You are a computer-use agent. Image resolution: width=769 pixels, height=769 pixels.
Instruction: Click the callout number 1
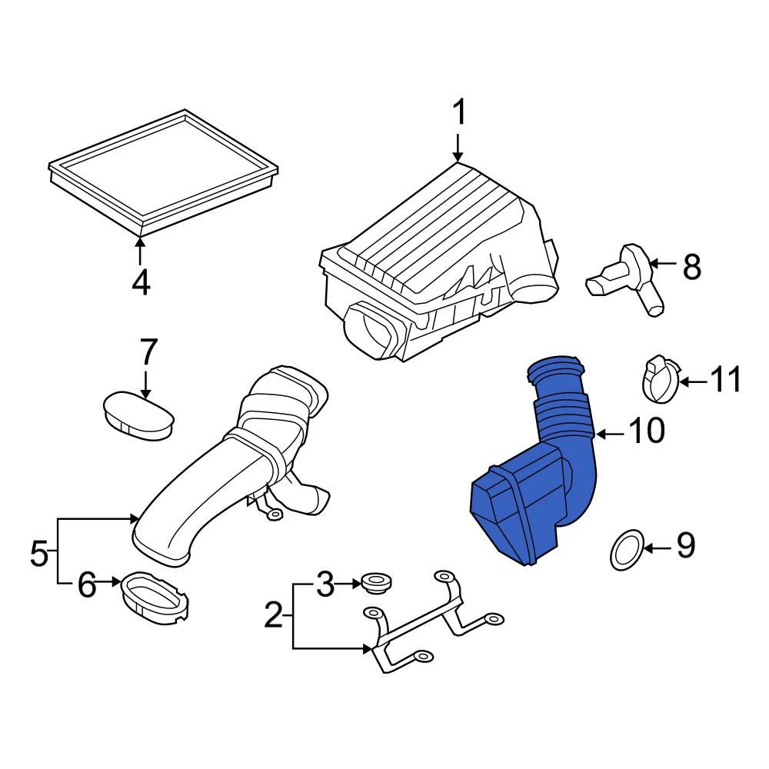coord(458,114)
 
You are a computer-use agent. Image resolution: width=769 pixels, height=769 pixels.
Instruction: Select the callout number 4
coord(140,283)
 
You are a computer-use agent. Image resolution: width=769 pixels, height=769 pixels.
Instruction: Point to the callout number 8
coord(692,267)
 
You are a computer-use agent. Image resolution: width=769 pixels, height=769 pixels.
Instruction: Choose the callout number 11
coord(724,380)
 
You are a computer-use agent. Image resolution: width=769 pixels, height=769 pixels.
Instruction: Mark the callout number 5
coord(39,553)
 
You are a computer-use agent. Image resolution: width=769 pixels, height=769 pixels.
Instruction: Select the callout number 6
coord(86,586)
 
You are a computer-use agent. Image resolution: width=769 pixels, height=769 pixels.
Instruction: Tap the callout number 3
coord(325,586)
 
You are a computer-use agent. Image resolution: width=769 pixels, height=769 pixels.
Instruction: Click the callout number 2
coord(273,616)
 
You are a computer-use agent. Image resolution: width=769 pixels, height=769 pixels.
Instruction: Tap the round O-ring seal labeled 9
coord(627,551)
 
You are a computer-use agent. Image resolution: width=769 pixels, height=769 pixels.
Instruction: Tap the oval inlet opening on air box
coord(374,328)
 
